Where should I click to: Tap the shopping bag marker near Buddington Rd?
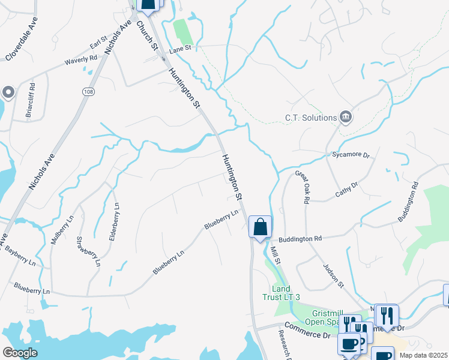coord(260,227)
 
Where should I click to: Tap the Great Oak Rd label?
coord(301,188)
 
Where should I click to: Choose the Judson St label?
coord(333,275)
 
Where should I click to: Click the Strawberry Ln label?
coord(88,251)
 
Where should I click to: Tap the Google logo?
coord(20,352)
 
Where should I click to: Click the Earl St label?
coord(98,45)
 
